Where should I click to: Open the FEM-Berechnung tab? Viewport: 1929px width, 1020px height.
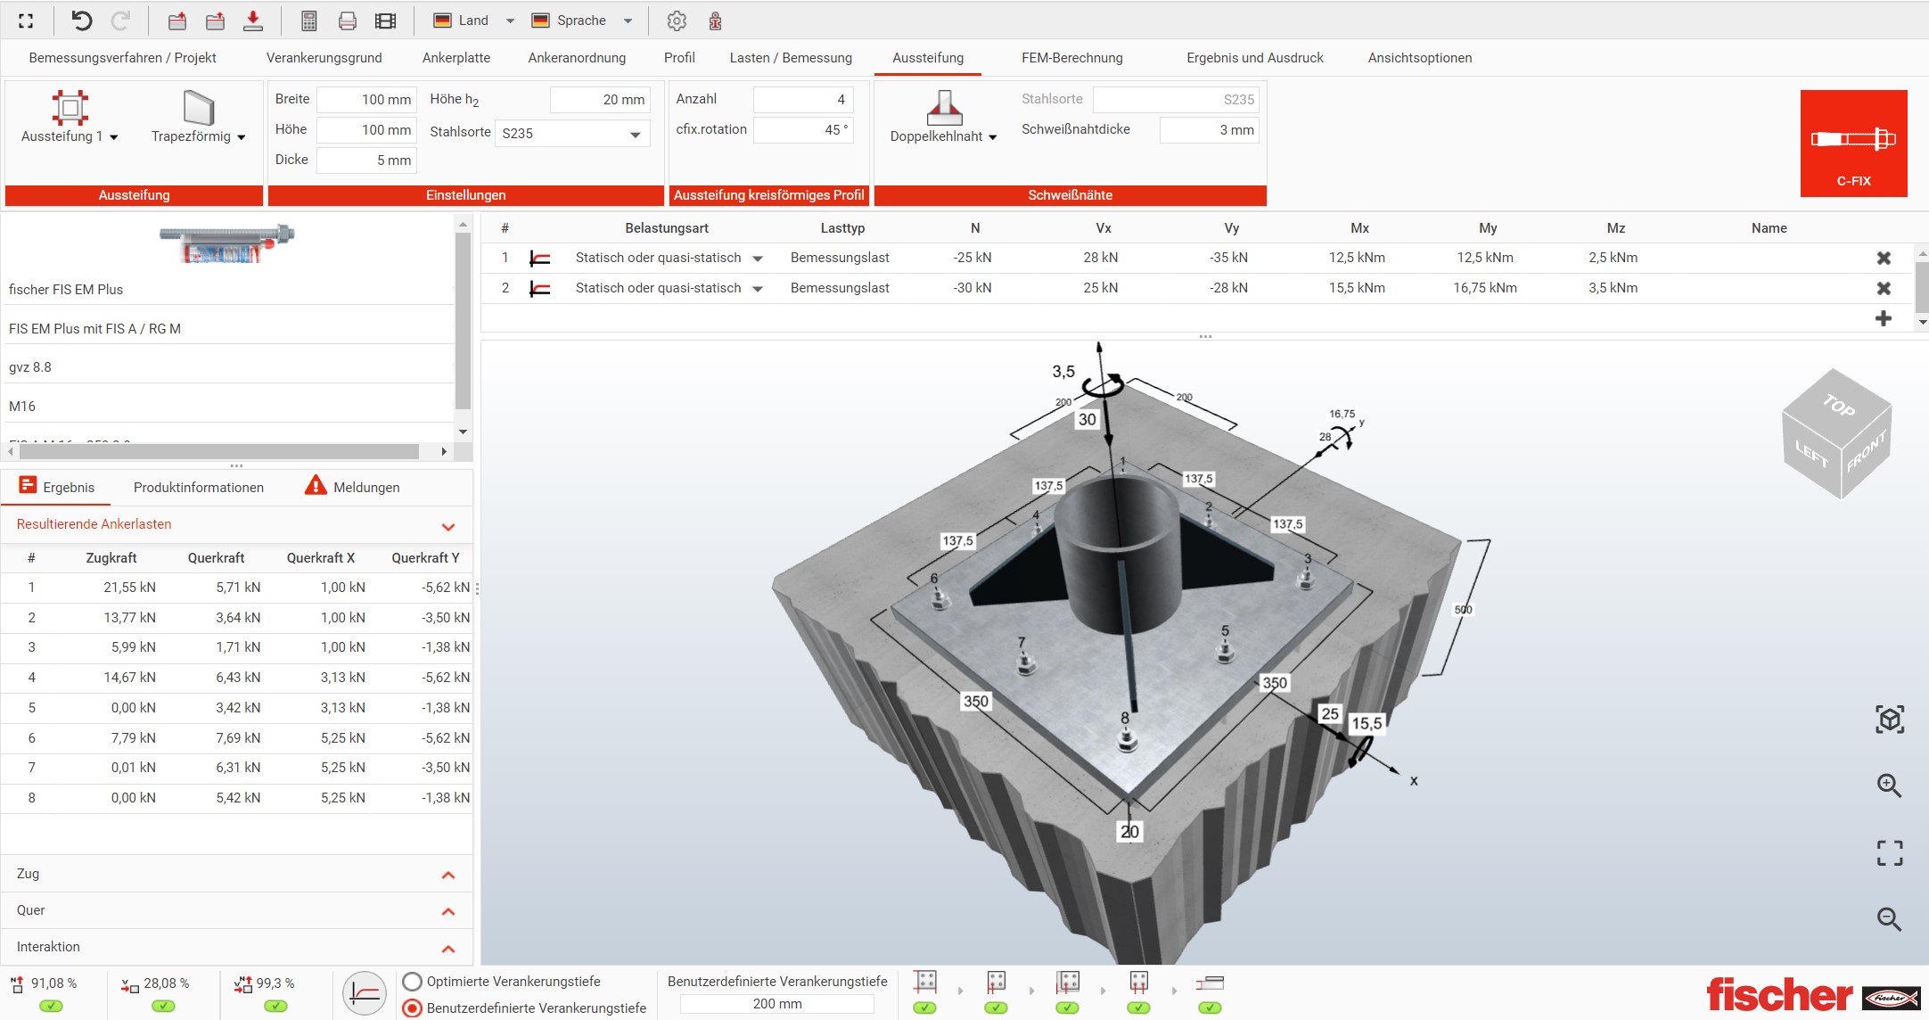click(x=1071, y=58)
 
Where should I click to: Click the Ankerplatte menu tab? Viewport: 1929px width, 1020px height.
click(x=456, y=58)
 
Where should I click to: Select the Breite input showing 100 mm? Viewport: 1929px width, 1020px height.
click(x=366, y=100)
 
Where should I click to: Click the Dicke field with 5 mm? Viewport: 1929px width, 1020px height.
click(x=366, y=160)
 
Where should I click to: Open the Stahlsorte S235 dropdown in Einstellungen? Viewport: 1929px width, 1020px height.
click(x=571, y=134)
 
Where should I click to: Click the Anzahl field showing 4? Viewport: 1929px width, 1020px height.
click(x=802, y=100)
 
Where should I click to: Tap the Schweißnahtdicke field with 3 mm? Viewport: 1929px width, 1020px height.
click(x=1209, y=130)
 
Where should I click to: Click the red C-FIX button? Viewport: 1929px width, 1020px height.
click(x=1853, y=143)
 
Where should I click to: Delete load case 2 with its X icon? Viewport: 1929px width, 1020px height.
click(x=1884, y=288)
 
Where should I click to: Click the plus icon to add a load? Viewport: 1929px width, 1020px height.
click(x=1884, y=318)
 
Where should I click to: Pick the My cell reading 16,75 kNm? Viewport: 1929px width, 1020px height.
click(x=1484, y=288)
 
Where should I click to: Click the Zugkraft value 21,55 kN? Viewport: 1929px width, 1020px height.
click(x=129, y=588)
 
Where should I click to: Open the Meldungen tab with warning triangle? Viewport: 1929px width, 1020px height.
click(x=353, y=487)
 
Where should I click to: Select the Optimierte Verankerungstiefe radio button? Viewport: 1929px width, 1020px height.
click(x=412, y=982)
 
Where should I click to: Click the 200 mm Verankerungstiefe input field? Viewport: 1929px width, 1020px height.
click(x=776, y=1004)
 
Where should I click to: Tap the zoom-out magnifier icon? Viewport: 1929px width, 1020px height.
click(x=1889, y=918)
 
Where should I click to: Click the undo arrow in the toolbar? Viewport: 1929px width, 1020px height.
click(x=81, y=21)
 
